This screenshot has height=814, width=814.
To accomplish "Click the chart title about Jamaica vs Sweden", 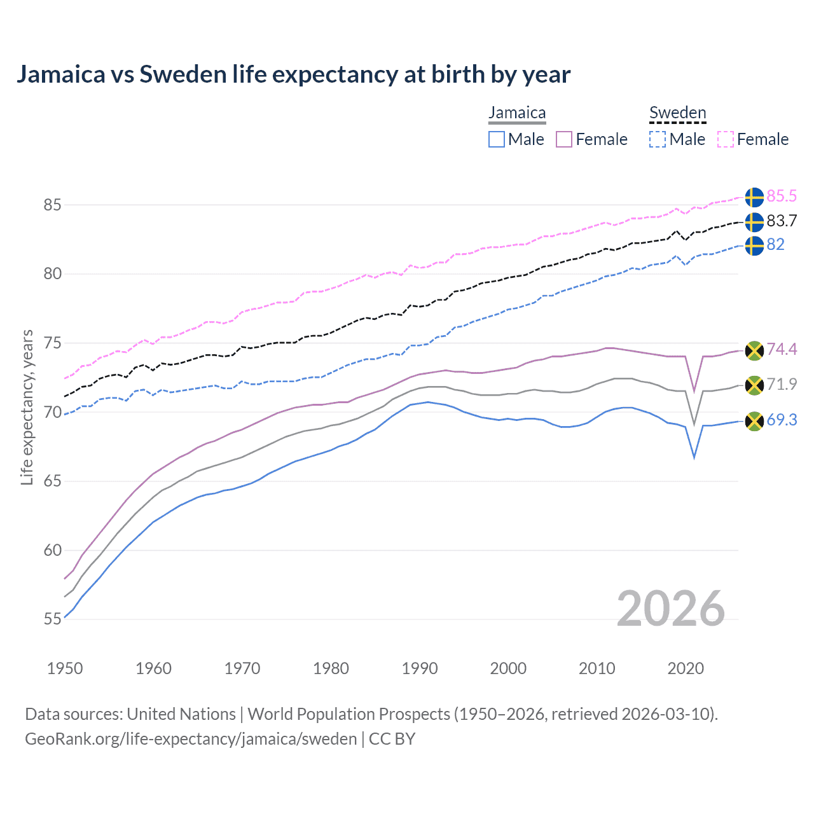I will point(293,74).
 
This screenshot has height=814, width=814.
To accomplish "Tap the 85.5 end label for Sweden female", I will point(781,196).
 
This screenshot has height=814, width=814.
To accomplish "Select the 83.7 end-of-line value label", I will point(781,221).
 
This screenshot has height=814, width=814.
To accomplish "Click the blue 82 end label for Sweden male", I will point(775,245).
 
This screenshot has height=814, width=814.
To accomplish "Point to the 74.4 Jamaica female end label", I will point(781,349).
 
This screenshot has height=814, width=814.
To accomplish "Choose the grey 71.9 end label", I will point(781,384).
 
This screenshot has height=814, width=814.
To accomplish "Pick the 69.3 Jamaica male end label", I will point(781,420).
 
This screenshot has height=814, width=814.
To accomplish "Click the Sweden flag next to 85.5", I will point(754,197).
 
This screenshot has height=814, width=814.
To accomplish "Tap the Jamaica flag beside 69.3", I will point(754,421).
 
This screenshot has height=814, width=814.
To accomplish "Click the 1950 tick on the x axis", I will point(65,668).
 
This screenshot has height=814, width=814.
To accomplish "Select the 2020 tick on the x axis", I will point(686,668).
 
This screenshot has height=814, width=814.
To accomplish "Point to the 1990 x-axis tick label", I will point(420,668).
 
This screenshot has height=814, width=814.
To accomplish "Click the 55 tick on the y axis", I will point(52,619).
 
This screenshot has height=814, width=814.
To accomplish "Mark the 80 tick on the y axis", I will point(52,274).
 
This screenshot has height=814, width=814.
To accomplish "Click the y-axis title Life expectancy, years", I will point(27,407).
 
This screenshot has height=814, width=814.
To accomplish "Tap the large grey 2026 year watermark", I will point(670,609).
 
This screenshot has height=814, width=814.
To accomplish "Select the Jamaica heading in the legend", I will point(517,113).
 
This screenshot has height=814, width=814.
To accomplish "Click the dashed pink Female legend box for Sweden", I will point(726,139).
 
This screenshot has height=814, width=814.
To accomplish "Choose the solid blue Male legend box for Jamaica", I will point(497,139).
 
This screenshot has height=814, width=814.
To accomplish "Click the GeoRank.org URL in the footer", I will point(191,739).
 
